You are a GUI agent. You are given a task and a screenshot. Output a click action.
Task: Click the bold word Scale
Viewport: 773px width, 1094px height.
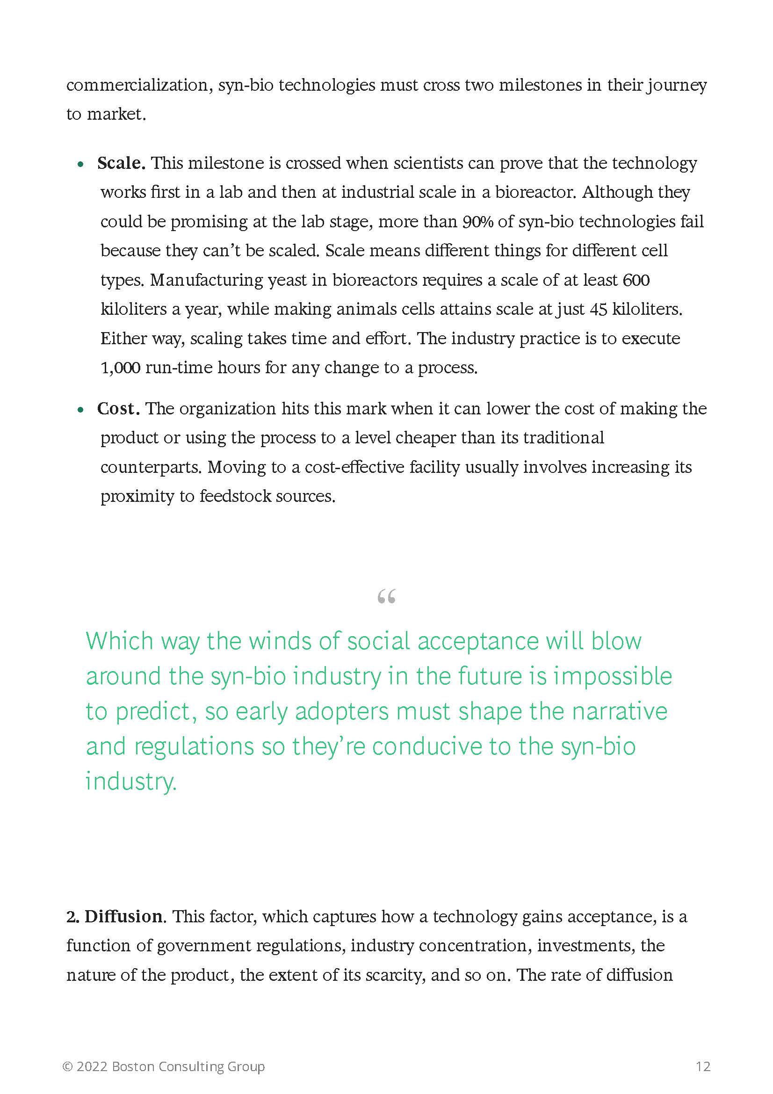point(121,163)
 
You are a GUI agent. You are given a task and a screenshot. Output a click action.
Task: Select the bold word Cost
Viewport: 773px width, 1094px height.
point(118,409)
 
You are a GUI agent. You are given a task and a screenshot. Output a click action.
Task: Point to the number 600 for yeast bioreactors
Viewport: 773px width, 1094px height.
point(636,280)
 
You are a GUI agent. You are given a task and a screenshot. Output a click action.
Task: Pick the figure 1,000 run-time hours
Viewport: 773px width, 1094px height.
point(120,368)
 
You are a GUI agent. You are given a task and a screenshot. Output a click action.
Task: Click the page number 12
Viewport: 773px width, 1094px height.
point(703,1066)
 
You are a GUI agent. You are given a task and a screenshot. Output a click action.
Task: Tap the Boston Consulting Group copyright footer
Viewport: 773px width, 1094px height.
point(163,1066)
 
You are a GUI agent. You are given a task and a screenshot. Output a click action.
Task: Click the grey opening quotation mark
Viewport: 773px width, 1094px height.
point(386,596)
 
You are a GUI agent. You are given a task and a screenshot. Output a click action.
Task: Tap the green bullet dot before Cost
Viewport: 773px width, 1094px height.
point(81,410)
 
